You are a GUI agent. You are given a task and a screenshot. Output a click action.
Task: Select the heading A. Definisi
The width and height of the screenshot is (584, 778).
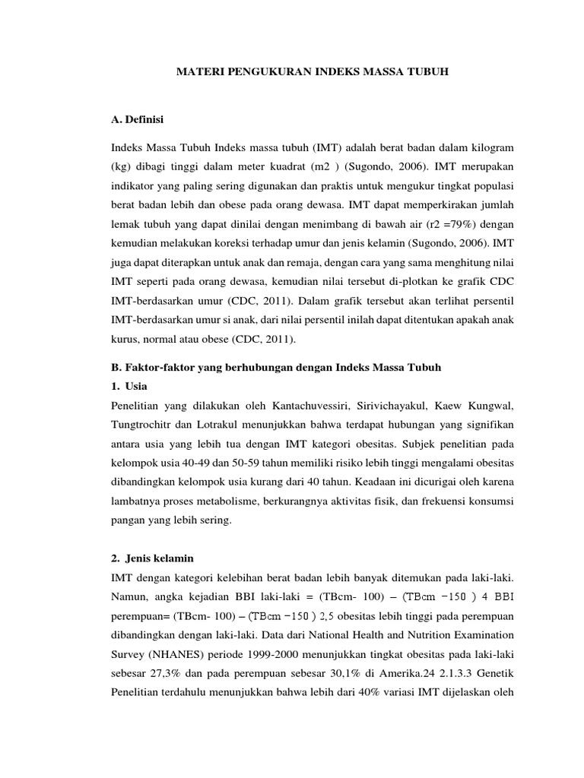pyautogui.click(x=136, y=119)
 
